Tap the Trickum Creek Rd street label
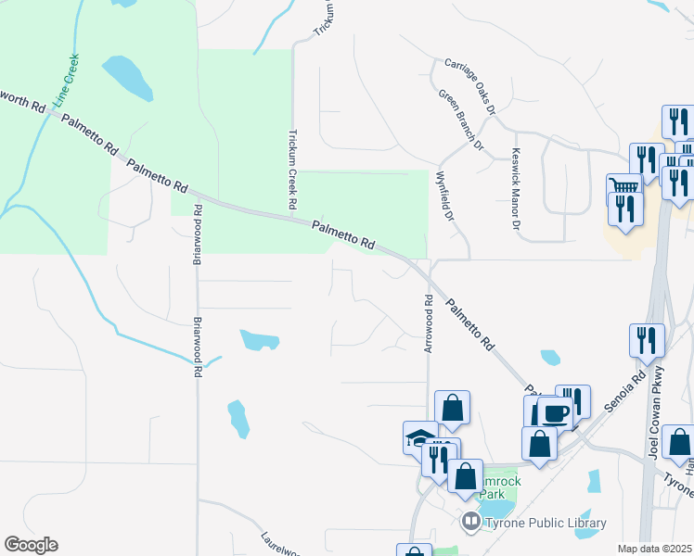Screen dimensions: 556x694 coord(293,168)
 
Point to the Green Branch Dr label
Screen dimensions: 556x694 coord(461,120)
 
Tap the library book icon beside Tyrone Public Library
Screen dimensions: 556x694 coord(472,524)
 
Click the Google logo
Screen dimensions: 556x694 coord(31,545)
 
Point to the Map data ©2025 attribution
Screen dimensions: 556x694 coord(654,549)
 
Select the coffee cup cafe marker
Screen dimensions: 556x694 coord(557,412)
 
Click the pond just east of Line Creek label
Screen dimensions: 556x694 coord(128,77)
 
